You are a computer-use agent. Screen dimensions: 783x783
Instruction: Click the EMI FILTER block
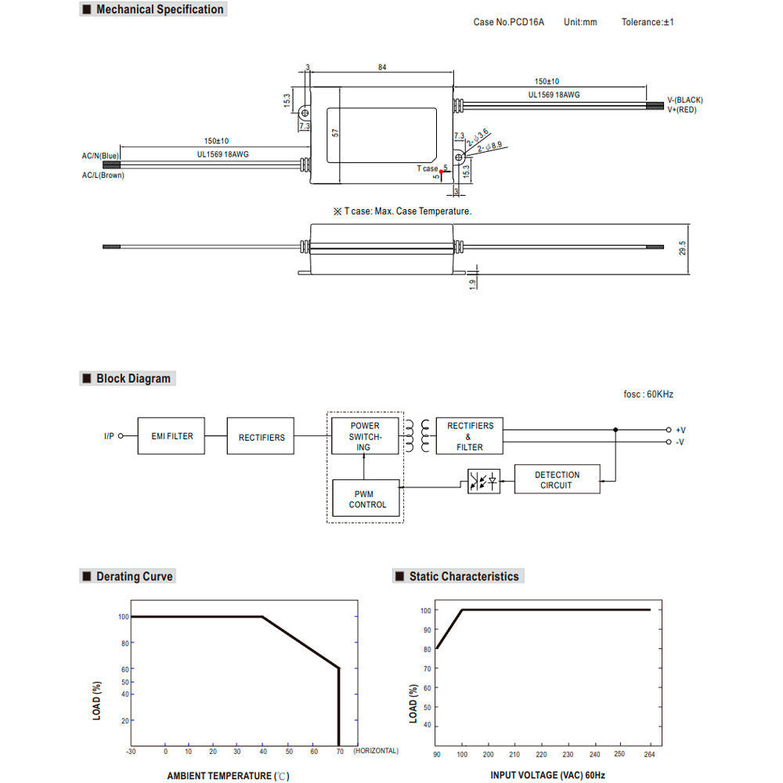171,436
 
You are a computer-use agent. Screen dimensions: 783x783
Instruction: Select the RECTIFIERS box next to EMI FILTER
262,437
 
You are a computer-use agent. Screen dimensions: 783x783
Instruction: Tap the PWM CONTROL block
367,499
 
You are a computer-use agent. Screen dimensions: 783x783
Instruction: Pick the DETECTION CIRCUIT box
557,479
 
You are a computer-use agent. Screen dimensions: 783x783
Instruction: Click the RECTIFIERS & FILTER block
470,436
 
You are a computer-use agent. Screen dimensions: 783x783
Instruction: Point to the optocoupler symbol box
483,480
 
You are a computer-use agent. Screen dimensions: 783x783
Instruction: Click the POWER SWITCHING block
364,436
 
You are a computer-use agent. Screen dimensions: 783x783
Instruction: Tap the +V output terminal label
680,430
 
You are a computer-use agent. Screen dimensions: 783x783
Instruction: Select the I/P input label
109,436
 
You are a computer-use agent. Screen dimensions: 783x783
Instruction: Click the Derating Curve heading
134,576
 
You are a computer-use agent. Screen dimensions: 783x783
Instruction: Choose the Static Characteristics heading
464,576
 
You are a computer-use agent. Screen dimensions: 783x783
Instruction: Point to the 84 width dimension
382,68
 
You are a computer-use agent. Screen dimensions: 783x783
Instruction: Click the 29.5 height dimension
683,248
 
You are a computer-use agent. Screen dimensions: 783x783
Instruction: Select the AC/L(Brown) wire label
103,175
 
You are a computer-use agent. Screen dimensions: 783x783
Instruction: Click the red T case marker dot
442,171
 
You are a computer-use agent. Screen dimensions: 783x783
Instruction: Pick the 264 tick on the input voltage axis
648,754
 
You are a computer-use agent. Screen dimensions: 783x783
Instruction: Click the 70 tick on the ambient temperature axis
338,751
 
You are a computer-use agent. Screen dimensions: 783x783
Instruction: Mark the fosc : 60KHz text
643,394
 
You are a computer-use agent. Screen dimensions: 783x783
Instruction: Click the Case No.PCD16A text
509,22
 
